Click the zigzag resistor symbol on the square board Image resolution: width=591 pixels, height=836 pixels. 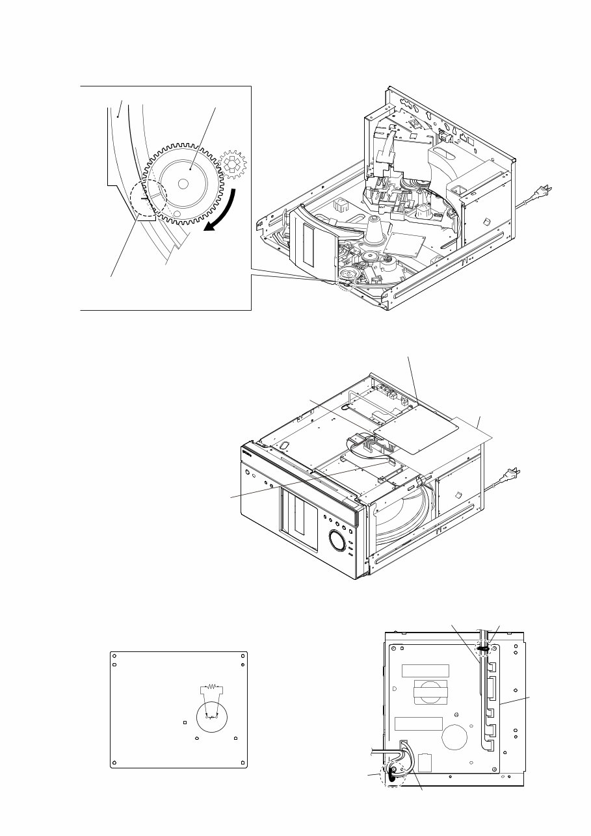click(x=210, y=687)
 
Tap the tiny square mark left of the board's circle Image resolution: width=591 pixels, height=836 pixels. click(x=185, y=722)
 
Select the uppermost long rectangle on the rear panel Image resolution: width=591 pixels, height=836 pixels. click(x=425, y=671)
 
